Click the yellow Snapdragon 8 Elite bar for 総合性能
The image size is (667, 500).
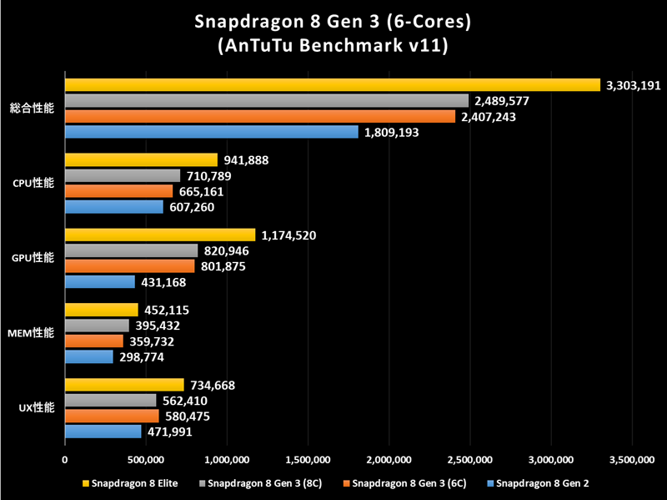[332, 85]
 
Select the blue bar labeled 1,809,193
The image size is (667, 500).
[211, 132]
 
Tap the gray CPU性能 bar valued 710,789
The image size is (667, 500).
[122, 176]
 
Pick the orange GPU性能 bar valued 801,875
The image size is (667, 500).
[129, 266]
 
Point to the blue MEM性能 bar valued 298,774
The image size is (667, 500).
[88, 357]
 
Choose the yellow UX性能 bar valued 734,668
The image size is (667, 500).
[124, 385]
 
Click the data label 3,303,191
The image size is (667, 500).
[633, 85]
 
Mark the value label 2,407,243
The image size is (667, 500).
[493, 117]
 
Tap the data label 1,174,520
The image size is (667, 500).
[288, 235]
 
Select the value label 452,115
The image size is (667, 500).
[171, 311]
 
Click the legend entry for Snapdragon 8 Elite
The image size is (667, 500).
[127, 483]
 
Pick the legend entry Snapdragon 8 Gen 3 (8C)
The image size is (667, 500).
[259, 483]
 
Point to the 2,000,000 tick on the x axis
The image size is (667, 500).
[389, 458]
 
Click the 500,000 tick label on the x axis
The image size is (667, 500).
[146, 458]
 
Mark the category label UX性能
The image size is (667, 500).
[36, 408]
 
